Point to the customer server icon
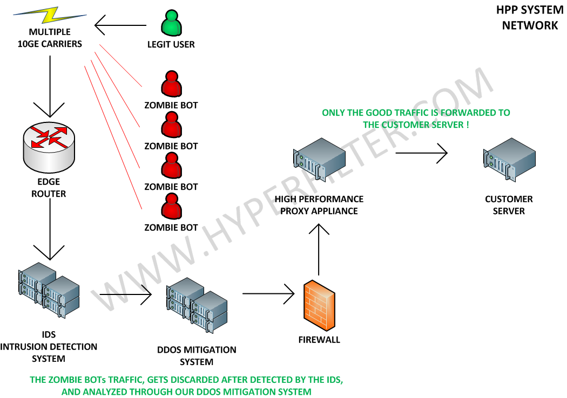(509, 160)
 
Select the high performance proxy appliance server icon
(319, 159)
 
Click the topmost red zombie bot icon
(171, 85)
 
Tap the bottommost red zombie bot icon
(171, 207)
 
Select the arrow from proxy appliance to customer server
(422, 154)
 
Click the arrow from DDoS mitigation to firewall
(269, 294)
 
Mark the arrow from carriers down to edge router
(50, 86)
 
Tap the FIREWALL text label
(319, 340)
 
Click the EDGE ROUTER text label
(49, 188)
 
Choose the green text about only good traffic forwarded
(416, 119)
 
